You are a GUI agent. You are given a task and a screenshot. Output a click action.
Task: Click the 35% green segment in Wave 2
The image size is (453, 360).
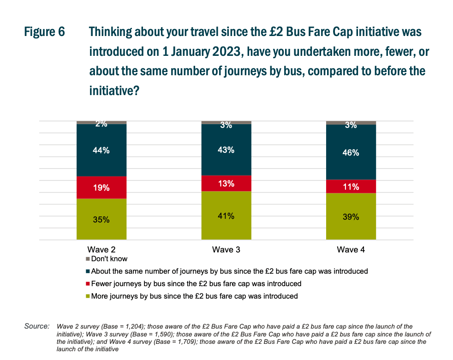pos(101,219)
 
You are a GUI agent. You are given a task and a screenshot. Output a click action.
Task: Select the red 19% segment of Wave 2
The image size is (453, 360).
pos(101,187)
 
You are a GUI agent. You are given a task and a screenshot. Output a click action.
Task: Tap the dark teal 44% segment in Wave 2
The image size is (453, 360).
pos(101,150)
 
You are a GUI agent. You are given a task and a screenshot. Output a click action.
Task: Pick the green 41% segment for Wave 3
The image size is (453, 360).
pos(226,216)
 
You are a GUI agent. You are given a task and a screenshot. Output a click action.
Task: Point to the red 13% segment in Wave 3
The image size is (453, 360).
pos(226,183)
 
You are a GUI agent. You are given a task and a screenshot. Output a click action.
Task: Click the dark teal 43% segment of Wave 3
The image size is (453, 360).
pos(226,150)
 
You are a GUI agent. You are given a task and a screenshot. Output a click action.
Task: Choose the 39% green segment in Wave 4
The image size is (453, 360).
pos(351,216)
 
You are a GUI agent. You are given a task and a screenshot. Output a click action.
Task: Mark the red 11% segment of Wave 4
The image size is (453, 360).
pos(351,186)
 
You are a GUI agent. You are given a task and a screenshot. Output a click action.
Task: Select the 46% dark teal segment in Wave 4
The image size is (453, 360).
pos(351,152)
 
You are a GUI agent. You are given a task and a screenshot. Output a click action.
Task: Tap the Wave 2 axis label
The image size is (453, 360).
pos(101,250)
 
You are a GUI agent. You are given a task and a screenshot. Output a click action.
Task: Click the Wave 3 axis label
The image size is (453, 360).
pos(226,250)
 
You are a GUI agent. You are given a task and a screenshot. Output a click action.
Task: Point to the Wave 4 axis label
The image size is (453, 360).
pos(351,250)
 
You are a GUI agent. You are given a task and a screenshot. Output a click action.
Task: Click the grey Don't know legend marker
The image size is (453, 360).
pos(88,259)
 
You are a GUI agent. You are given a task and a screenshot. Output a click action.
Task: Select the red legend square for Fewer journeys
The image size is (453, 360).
pos(88,284)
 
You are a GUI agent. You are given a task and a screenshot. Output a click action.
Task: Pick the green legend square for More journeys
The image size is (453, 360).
pos(88,296)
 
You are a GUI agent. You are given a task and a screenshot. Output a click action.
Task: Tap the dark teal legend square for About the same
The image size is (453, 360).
pos(88,271)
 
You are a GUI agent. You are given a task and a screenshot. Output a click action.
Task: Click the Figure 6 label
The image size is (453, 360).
pos(44,33)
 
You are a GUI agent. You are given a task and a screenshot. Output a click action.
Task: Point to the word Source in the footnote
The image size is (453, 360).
pos(36,326)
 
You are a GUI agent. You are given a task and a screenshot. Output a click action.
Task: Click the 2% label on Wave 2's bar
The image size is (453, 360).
pos(101,124)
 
